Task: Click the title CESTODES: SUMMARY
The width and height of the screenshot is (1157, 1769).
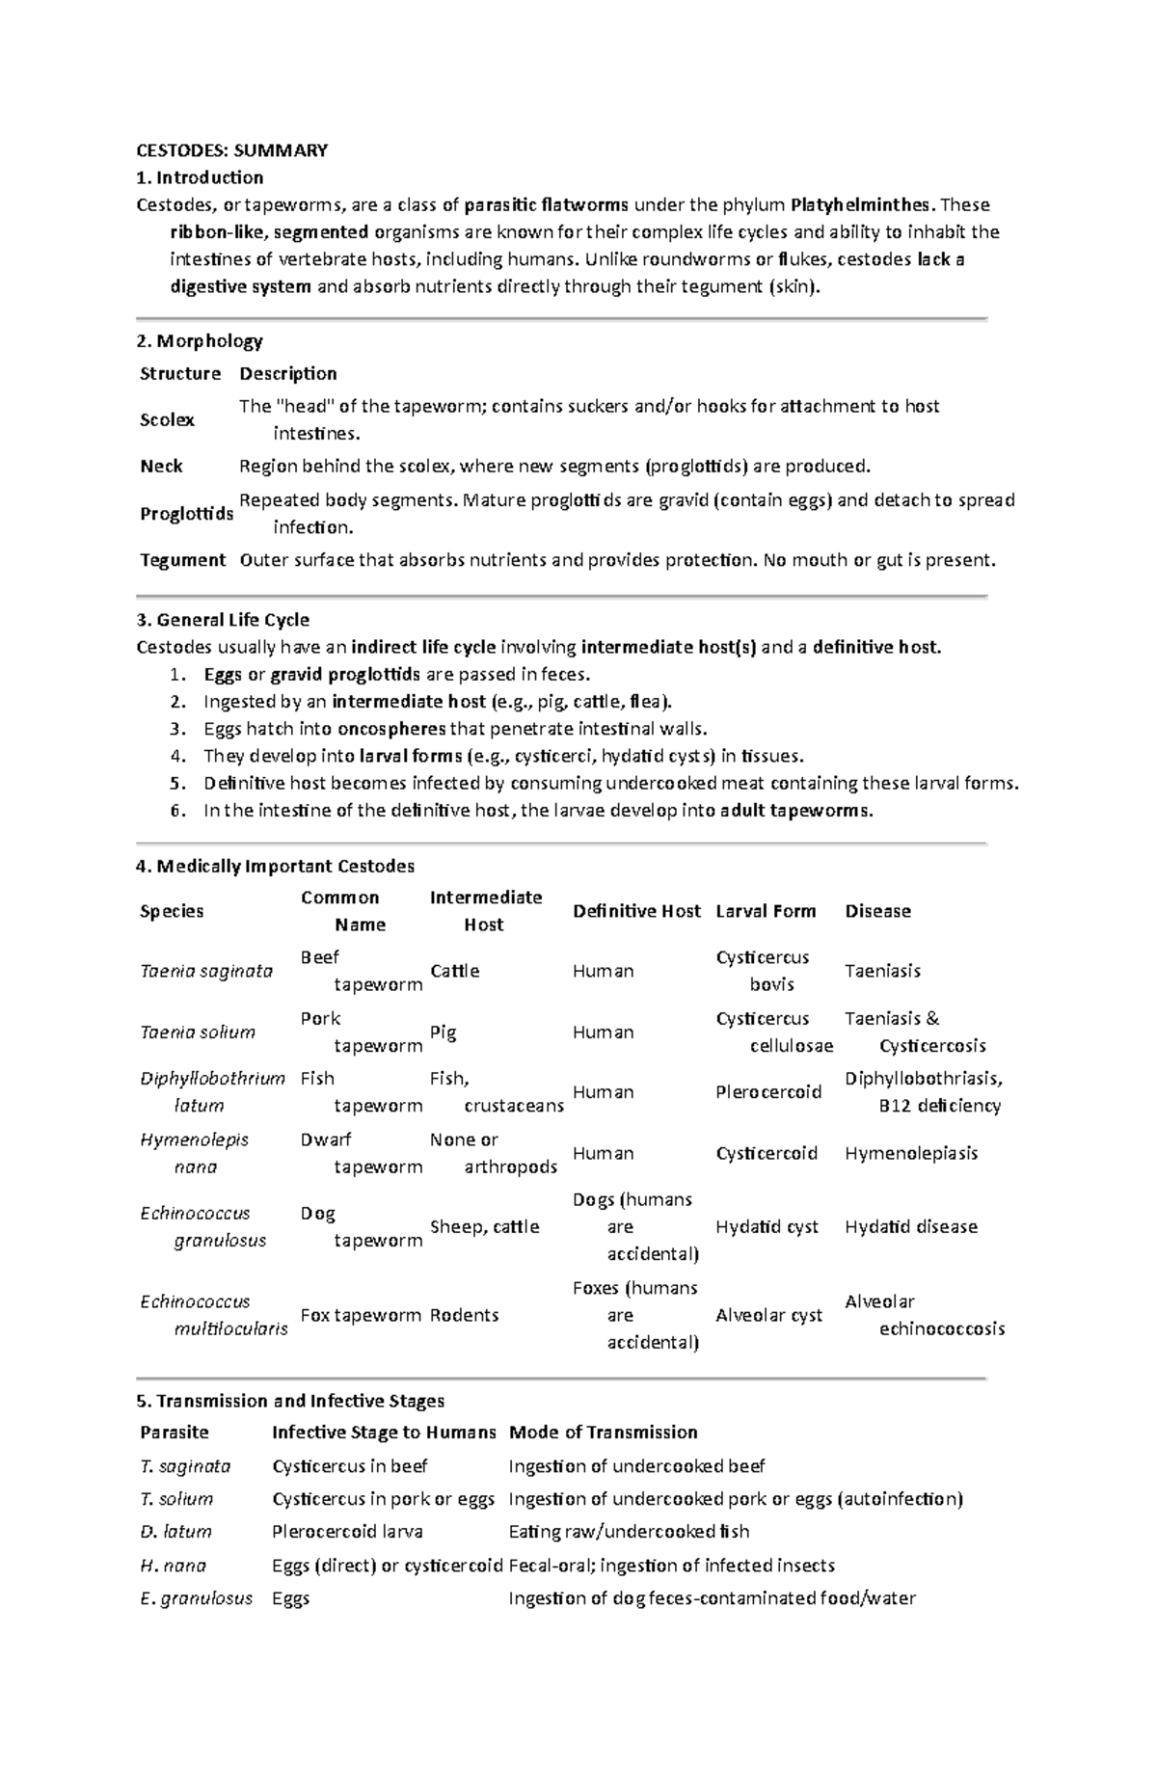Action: coord(231,150)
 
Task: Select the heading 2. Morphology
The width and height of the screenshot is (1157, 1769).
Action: coord(200,341)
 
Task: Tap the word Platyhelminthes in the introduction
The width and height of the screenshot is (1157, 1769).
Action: coord(861,204)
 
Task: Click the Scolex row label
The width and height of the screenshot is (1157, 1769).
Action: coord(167,420)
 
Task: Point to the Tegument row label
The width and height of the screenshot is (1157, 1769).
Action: coord(182,560)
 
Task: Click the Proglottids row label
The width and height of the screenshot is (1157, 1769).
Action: coord(186,514)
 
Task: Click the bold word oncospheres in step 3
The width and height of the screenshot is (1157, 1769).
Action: coord(400,729)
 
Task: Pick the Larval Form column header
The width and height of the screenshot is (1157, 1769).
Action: coord(766,911)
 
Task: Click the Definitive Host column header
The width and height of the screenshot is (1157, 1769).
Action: coord(636,911)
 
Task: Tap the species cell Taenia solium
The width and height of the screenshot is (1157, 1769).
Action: coord(198,1032)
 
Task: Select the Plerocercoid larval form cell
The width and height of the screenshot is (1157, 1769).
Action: coord(768,1092)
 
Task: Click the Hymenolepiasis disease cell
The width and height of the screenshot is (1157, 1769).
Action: coord(911,1154)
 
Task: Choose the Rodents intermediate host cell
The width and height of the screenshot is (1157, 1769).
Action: coord(464,1315)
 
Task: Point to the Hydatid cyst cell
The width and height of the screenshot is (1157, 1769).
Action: coord(767,1227)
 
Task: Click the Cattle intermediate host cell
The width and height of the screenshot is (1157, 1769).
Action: coord(454,971)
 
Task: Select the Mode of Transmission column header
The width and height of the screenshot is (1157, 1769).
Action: coord(603,1433)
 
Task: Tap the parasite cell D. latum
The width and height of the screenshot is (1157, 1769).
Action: coord(175,1532)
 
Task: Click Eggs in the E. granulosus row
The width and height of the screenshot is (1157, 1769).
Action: coord(290,1598)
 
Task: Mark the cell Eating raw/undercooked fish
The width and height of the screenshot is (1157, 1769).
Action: coord(629,1532)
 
